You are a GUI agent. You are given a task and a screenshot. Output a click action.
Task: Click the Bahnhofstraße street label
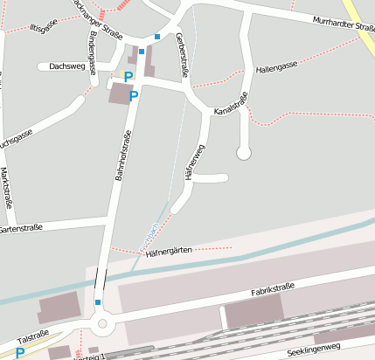click(x=122, y=155)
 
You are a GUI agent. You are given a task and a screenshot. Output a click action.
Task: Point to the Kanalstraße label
click(x=232, y=110)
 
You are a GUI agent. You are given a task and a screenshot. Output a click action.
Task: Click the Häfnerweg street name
click(x=193, y=163)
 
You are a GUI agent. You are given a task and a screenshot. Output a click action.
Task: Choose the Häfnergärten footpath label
click(x=170, y=252)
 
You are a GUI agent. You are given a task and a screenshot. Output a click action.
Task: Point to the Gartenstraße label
click(x=20, y=230)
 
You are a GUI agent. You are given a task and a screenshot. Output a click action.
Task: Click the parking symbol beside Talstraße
click(x=19, y=353)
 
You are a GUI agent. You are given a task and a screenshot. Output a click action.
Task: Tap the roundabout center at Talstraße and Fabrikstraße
click(x=103, y=324)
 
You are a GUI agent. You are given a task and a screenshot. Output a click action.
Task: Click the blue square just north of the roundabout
click(x=98, y=302)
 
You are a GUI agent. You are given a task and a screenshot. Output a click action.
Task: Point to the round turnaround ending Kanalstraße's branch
click(x=244, y=154)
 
